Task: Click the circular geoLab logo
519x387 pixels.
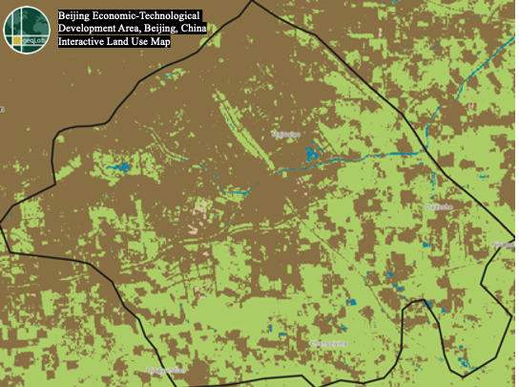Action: (28, 30)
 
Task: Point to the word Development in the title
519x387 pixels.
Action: (89, 30)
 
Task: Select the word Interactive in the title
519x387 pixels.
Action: (84, 42)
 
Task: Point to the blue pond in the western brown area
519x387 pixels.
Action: (120, 168)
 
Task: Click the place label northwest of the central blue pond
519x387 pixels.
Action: (285, 136)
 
